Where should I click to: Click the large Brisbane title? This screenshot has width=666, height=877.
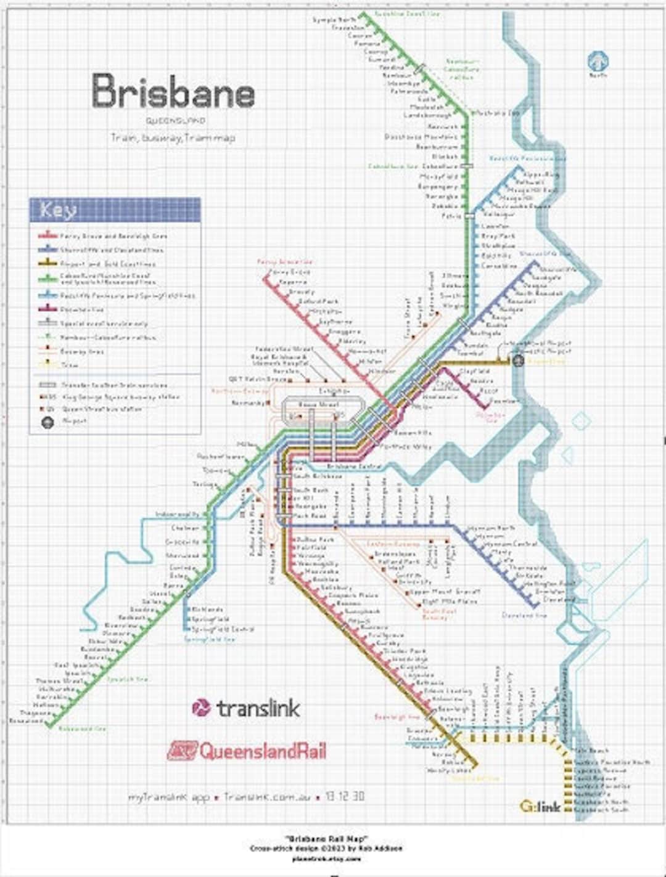pos(173,92)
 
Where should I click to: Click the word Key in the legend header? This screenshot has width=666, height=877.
pos(59,210)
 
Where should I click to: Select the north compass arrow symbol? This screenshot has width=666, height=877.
pos(598,62)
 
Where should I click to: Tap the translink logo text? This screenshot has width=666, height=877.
pos(247,708)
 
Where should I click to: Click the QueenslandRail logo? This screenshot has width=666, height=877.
pos(247,751)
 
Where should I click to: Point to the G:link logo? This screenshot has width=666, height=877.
pos(540,806)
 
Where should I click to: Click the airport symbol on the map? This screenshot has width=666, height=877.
pos(519,361)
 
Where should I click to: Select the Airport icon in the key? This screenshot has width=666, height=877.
pos(47,422)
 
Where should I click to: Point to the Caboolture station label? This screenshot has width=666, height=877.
pos(440,166)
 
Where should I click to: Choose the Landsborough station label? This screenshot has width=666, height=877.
pos(427,115)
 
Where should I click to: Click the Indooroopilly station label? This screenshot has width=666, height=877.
pos(178,514)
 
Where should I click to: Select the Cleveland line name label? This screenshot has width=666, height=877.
pos(524,615)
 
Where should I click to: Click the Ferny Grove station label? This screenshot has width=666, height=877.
pos(291,272)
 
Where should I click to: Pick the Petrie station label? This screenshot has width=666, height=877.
pos(451,216)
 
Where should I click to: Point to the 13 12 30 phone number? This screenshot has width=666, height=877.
pos(345,796)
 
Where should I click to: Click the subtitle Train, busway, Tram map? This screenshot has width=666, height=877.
pos(173,138)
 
